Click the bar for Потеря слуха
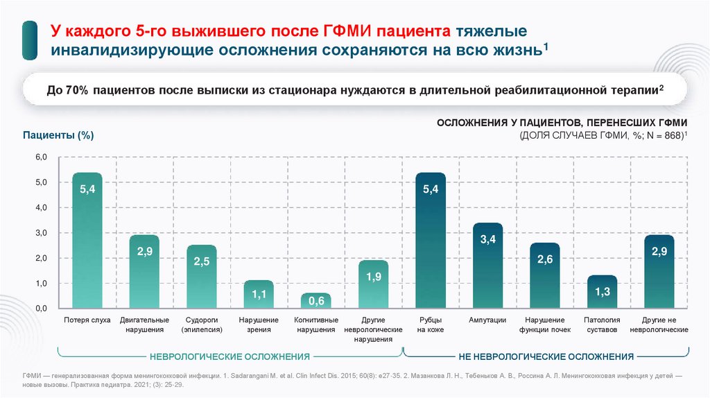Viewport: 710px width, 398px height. [x=87, y=240]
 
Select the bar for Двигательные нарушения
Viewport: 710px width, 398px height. [x=144, y=271]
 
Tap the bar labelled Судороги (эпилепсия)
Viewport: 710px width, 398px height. [x=202, y=276]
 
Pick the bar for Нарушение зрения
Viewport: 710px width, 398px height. [x=259, y=294]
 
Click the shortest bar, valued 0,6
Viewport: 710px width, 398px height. [x=316, y=300]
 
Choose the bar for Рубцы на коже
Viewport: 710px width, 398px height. [x=431, y=240]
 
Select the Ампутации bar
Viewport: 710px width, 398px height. [x=487, y=265]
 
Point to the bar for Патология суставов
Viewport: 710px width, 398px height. [x=602, y=291]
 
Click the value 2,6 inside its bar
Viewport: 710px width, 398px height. [x=545, y=259]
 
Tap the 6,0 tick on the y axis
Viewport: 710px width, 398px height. [x=41, y=158]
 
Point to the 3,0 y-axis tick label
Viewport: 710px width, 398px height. [x=41, y=233]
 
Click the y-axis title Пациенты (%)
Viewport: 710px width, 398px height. [x=58, y=135]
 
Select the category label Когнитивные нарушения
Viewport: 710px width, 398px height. [x=316, y=325]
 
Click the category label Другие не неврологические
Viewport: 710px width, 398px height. [x=659, y=325]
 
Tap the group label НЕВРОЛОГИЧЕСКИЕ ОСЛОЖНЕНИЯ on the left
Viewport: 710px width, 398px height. [x=230, y=356]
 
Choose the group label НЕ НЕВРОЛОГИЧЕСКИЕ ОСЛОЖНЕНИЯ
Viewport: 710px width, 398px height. [x=546, y=356]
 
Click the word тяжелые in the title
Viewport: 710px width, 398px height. [x=490, y=32]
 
